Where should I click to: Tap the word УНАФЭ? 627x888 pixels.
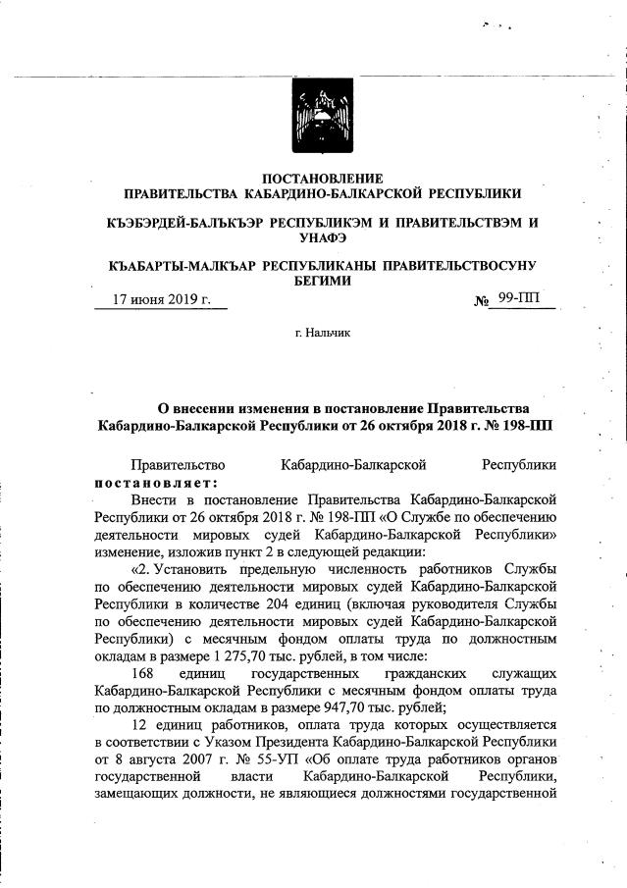(320, 237)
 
